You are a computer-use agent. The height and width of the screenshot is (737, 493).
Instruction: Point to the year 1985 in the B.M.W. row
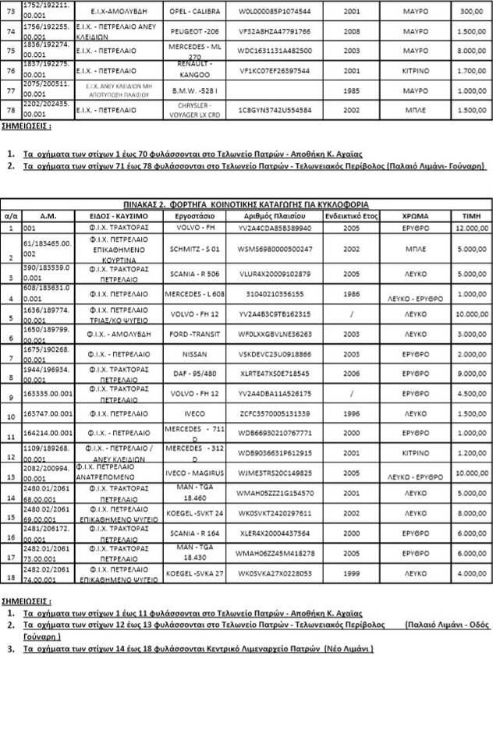349,90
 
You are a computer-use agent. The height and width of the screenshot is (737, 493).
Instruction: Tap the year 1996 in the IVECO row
349,413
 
